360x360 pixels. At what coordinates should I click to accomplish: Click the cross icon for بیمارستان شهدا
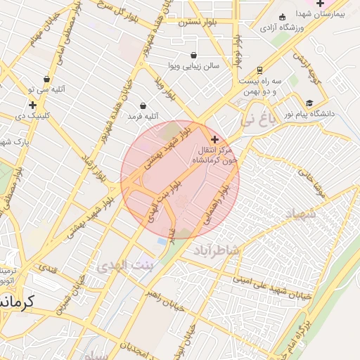point(320,4)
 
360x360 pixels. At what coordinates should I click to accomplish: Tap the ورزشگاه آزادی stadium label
point(281,28)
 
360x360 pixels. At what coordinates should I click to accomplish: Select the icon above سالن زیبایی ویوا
point(193,55)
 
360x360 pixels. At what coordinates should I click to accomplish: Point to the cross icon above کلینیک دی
point(32,105)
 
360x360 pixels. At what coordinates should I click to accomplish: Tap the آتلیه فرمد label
point(143,115)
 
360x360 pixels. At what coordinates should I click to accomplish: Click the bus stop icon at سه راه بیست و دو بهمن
point(260,70)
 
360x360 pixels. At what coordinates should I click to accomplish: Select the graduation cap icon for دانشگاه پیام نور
point(309,103)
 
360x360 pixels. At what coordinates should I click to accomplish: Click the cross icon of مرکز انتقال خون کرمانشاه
point(214,140)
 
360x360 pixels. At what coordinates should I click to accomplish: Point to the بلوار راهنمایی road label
point(217,205)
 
